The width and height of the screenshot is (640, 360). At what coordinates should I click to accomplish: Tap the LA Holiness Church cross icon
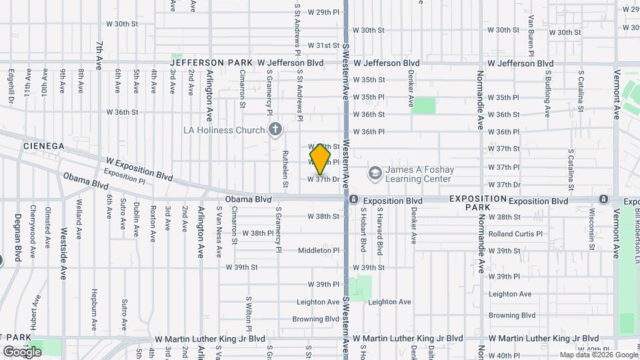coord(274,130)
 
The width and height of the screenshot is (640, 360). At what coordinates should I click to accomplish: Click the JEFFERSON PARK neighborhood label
coord(211,63)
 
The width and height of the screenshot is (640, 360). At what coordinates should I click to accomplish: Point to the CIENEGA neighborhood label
coord(43,145)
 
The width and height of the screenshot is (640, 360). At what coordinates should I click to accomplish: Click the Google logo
coord(22,351)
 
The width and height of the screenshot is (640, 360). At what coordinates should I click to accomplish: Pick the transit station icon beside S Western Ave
coord(355,200)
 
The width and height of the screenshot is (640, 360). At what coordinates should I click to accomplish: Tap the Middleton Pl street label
coord(319,251)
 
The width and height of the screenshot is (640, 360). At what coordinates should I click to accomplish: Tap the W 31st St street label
coord(323,46)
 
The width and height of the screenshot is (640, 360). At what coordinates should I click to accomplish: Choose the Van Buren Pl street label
coord(531,28)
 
